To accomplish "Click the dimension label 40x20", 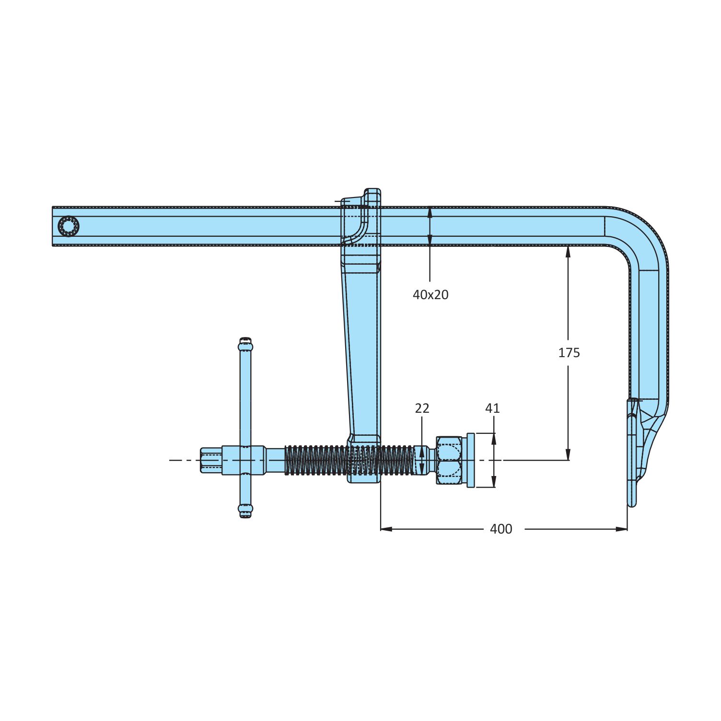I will (430, 295).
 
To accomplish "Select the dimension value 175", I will (569, 353).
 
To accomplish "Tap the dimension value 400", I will (501, 529).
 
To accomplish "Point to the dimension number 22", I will (422, 408).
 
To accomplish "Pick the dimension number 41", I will (492, 408).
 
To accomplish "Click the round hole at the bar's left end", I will (68, 226).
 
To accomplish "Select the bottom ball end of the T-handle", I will (245, 511).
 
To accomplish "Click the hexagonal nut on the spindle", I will (449, 460).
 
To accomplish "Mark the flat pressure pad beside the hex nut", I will (470, 460).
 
